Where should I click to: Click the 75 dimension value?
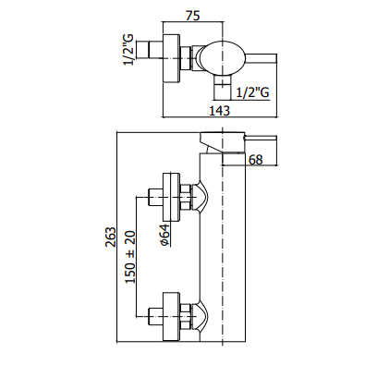(x=193, y=16)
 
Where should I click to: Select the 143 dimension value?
(x=219, y=111)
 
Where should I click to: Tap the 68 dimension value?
(x=255, y=160)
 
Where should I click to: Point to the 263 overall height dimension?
(x=111, y=237)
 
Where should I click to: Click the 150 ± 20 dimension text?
(x=130, y=257)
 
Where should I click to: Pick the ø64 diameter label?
(x=164, y=235)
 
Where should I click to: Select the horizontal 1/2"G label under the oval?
(x=252, y=92)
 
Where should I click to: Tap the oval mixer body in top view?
(x=223, y=58)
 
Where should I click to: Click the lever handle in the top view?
(x=262, y=58)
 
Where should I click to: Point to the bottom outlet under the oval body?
(x=223, y=88)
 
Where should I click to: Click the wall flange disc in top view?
(x=171, y=58)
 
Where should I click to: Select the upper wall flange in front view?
(x=171, y=197)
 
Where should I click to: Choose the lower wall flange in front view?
(x=171, y=316)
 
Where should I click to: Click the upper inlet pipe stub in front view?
(x=155, y=197)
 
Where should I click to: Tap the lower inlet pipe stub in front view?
(x=155, y=316)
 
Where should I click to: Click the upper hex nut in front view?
(x=186, y=197)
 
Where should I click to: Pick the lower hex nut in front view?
(x=186, y=316)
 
